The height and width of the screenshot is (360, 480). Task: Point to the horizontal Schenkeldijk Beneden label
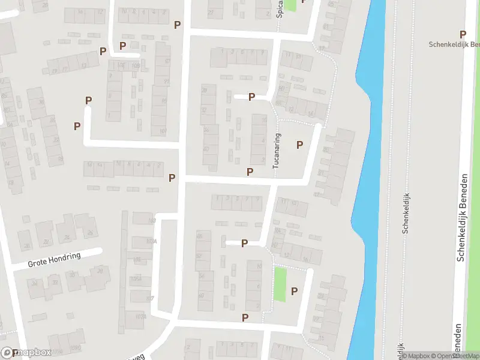454,44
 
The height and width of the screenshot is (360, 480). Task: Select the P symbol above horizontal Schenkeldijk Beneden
463,35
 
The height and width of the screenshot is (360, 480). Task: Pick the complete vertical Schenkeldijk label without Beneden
406,211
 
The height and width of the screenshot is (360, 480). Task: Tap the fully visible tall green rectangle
280,284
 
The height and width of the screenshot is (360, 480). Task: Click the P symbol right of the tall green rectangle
294,292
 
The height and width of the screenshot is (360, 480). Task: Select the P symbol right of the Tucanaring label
299,145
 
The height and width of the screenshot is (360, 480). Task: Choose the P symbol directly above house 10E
123,46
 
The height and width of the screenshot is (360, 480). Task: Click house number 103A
151,241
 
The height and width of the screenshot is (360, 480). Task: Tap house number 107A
141,317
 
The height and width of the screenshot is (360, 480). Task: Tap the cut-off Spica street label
280,9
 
